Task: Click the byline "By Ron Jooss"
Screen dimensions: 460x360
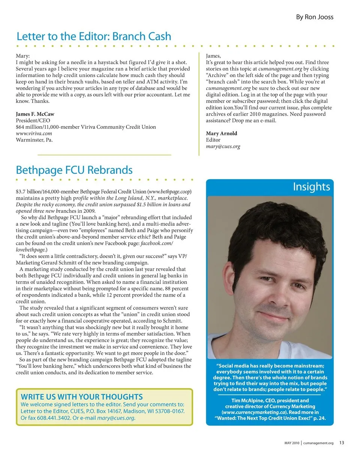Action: tap(314, 17)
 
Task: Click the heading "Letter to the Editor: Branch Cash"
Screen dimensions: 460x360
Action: tap(94, 36)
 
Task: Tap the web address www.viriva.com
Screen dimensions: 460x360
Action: tap(34, 133)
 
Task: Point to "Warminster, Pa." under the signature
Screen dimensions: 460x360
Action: tap(34, 140)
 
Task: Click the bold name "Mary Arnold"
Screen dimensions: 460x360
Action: tap(222, 133)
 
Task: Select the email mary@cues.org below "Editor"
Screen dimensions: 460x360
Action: tap(223, 146)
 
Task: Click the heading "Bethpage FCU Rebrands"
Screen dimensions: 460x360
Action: tap(74, 170)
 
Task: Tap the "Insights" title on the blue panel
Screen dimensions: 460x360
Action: tap(311, 187)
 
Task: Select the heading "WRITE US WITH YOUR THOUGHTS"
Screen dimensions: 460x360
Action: tap(82, 397)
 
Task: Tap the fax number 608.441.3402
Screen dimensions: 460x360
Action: tap(52, 418)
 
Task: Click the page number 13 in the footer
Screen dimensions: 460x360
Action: tap(342, 443)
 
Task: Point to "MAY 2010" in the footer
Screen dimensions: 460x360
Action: tap(291, 443)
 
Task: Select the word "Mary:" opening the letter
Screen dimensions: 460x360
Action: tap(22, 56)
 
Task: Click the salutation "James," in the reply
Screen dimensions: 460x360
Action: tap(213, 56)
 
